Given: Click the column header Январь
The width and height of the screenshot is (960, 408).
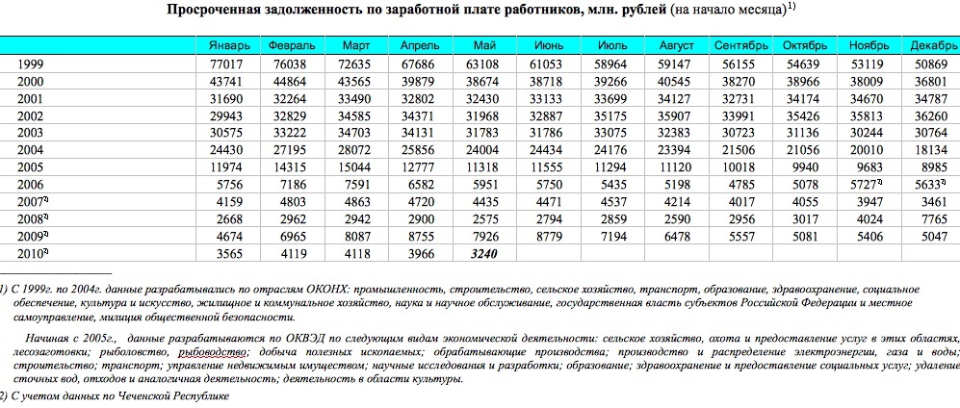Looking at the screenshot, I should click(x=228, y=46).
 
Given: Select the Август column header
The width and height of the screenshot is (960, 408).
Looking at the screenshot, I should click(x=676, y=46).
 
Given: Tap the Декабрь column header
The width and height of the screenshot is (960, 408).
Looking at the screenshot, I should click(x=932, y=46).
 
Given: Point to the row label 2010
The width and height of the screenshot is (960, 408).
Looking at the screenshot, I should click(x=33, y=253).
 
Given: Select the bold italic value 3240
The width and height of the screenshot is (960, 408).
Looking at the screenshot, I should click(x=483, y=253).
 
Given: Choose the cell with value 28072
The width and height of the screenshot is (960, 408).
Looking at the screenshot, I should click(x=357, y=149).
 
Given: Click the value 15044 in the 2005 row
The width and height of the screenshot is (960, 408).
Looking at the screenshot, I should click(x=357, y=166).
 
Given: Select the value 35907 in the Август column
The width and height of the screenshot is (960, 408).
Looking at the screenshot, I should click(x=676, y=115).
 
